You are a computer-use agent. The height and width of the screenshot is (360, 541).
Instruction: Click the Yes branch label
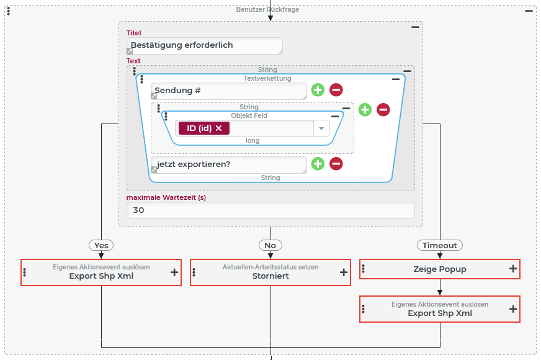tap(102, 245)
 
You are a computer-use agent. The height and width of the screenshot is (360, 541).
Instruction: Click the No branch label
tap(270, 245)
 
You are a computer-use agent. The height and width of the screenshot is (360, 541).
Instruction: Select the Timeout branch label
tap(440, 245)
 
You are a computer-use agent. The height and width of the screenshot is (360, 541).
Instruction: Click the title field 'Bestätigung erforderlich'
tap(204, 46)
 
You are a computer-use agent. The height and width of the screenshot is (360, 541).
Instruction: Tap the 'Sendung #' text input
tap(229, 91)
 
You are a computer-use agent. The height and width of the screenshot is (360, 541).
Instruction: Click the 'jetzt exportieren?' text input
tap(229, 164)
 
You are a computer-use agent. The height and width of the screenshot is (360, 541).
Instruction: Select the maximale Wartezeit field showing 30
tap(270, 210)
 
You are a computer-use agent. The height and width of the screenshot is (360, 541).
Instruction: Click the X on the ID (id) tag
tap(218, 128)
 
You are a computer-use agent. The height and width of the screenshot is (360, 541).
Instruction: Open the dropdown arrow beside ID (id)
tap(321, 128)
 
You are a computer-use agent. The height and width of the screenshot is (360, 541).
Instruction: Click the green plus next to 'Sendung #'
tap(318, 90)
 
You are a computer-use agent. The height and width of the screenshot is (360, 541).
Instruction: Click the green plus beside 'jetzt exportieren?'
tap(318, 164)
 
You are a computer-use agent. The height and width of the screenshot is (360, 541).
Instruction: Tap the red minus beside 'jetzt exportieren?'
tap(336, 164)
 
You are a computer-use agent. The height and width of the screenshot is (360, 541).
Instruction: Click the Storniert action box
tap(270, 272)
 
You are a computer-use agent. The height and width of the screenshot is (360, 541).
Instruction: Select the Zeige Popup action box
tap(439, 269)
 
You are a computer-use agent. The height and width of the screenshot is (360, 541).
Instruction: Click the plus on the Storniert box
tap(344, 272)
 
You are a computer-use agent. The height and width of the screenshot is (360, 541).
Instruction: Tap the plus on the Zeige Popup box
tap(513, 269)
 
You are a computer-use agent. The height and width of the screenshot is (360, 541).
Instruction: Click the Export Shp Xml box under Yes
tap(101, 272)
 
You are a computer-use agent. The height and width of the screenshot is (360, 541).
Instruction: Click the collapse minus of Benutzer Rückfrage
tap(529, 11)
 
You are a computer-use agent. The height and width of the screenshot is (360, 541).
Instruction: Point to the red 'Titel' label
tap(134, 33)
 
